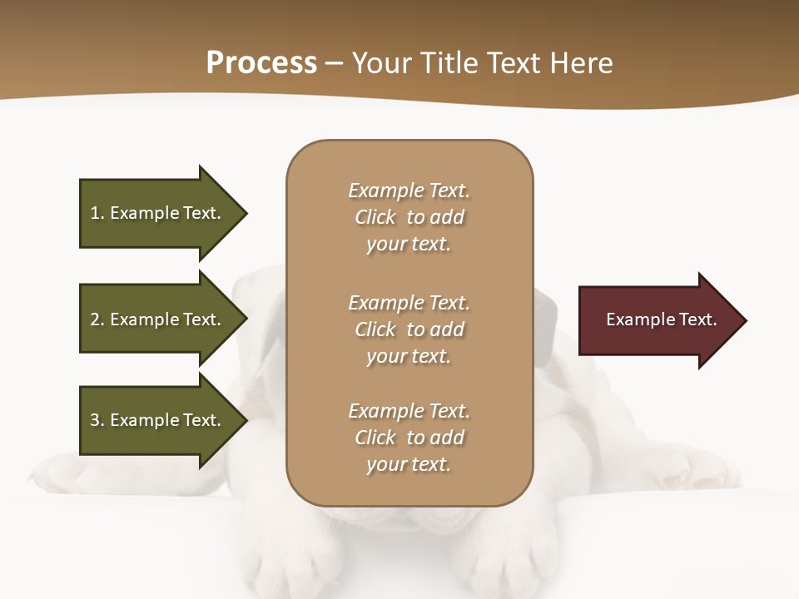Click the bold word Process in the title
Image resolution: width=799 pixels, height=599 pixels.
click(x=261, y=63)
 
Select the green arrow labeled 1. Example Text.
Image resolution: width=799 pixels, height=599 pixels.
click(x=158, y=213)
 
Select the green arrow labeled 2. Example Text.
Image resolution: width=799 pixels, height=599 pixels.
click(x=158, y=319)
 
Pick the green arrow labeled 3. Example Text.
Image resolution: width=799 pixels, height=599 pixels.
click(x=158, y=420)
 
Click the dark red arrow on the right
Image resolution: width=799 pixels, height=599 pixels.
click(x=658, y=320)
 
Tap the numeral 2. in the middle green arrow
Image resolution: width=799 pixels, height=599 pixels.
click(x=97, y=319)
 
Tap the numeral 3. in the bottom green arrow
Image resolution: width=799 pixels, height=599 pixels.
click(x=97, y=420)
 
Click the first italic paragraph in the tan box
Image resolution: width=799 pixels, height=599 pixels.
click(x=409, y=217)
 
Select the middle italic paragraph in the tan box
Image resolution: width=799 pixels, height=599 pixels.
click(x=409, y=329)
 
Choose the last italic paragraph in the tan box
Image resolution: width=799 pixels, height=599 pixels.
click(x=409, y=438)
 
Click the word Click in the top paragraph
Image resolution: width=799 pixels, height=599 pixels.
click(x=375, y=217)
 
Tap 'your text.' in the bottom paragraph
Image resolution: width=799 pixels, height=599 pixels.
click(x=409, y=464)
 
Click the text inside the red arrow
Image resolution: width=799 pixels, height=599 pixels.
click(x=661, y=319)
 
